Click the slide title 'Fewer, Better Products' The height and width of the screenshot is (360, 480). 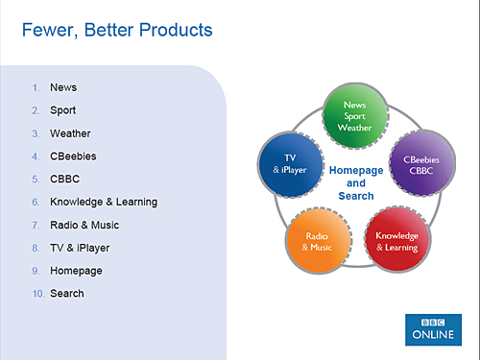116,31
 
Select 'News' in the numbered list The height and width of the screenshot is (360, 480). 63,87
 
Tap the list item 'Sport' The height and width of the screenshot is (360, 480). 63,110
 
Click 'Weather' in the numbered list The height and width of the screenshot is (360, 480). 70,133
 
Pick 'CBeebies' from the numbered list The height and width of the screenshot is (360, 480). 73,156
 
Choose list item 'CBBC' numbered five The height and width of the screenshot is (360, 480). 65,179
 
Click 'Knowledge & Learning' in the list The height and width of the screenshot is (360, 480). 104,202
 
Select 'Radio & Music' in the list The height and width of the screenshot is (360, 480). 85,225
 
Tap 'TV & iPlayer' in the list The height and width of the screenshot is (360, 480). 80,248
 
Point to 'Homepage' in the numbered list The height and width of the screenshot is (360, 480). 76,271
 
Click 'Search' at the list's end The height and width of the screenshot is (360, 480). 67,294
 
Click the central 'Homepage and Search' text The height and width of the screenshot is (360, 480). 355,182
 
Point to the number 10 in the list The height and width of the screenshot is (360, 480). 36,294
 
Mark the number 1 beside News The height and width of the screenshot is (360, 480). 36,87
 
